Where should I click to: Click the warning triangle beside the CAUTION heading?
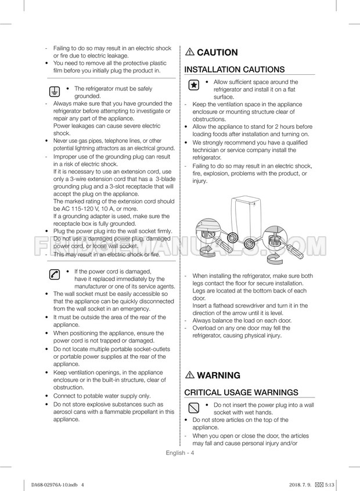[190, 52]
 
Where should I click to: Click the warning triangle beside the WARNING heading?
[190, 376]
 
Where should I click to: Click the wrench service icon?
[53, 275]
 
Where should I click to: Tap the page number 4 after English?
[192, 453]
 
